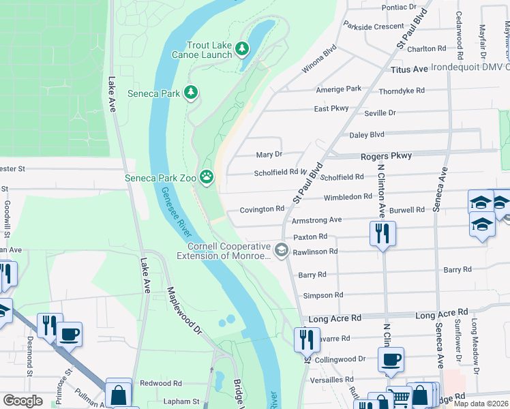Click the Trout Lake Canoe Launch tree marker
[x=242, y=48]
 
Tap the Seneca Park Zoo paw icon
[x=207, y=178]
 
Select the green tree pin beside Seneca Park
[x=192, y=93]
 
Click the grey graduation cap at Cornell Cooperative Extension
[x=280, y=251]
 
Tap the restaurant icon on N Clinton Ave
[x=382, y=233]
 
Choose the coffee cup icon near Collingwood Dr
[x=391, y=360]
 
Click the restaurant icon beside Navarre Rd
[x=307, y=339]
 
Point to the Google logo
[x=22, y=401]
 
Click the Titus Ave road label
[x=409, y=70]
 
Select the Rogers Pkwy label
[x=386, y=156]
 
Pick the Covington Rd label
[x=261, y=209]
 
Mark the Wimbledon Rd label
[x=348, y=196]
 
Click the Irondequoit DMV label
[x=477, y=67]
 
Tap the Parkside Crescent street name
[x=374, y=27]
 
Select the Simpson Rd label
[x=323, y=295]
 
